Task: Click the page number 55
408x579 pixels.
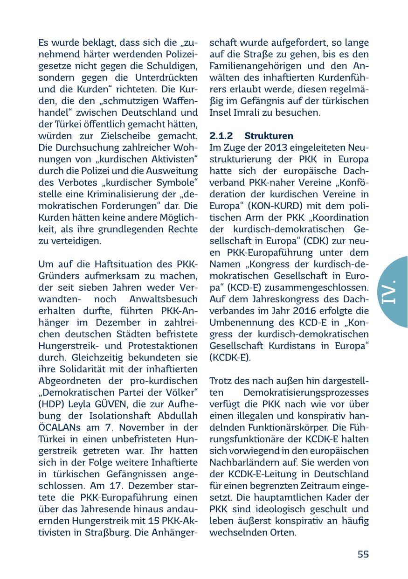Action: pos(363,554)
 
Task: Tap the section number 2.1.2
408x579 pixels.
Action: pos(221,136)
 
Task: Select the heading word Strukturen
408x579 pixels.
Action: pos(269,136)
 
